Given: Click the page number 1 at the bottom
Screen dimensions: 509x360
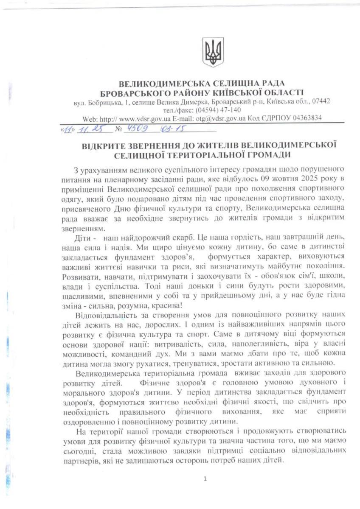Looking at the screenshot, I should click(205, 479).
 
